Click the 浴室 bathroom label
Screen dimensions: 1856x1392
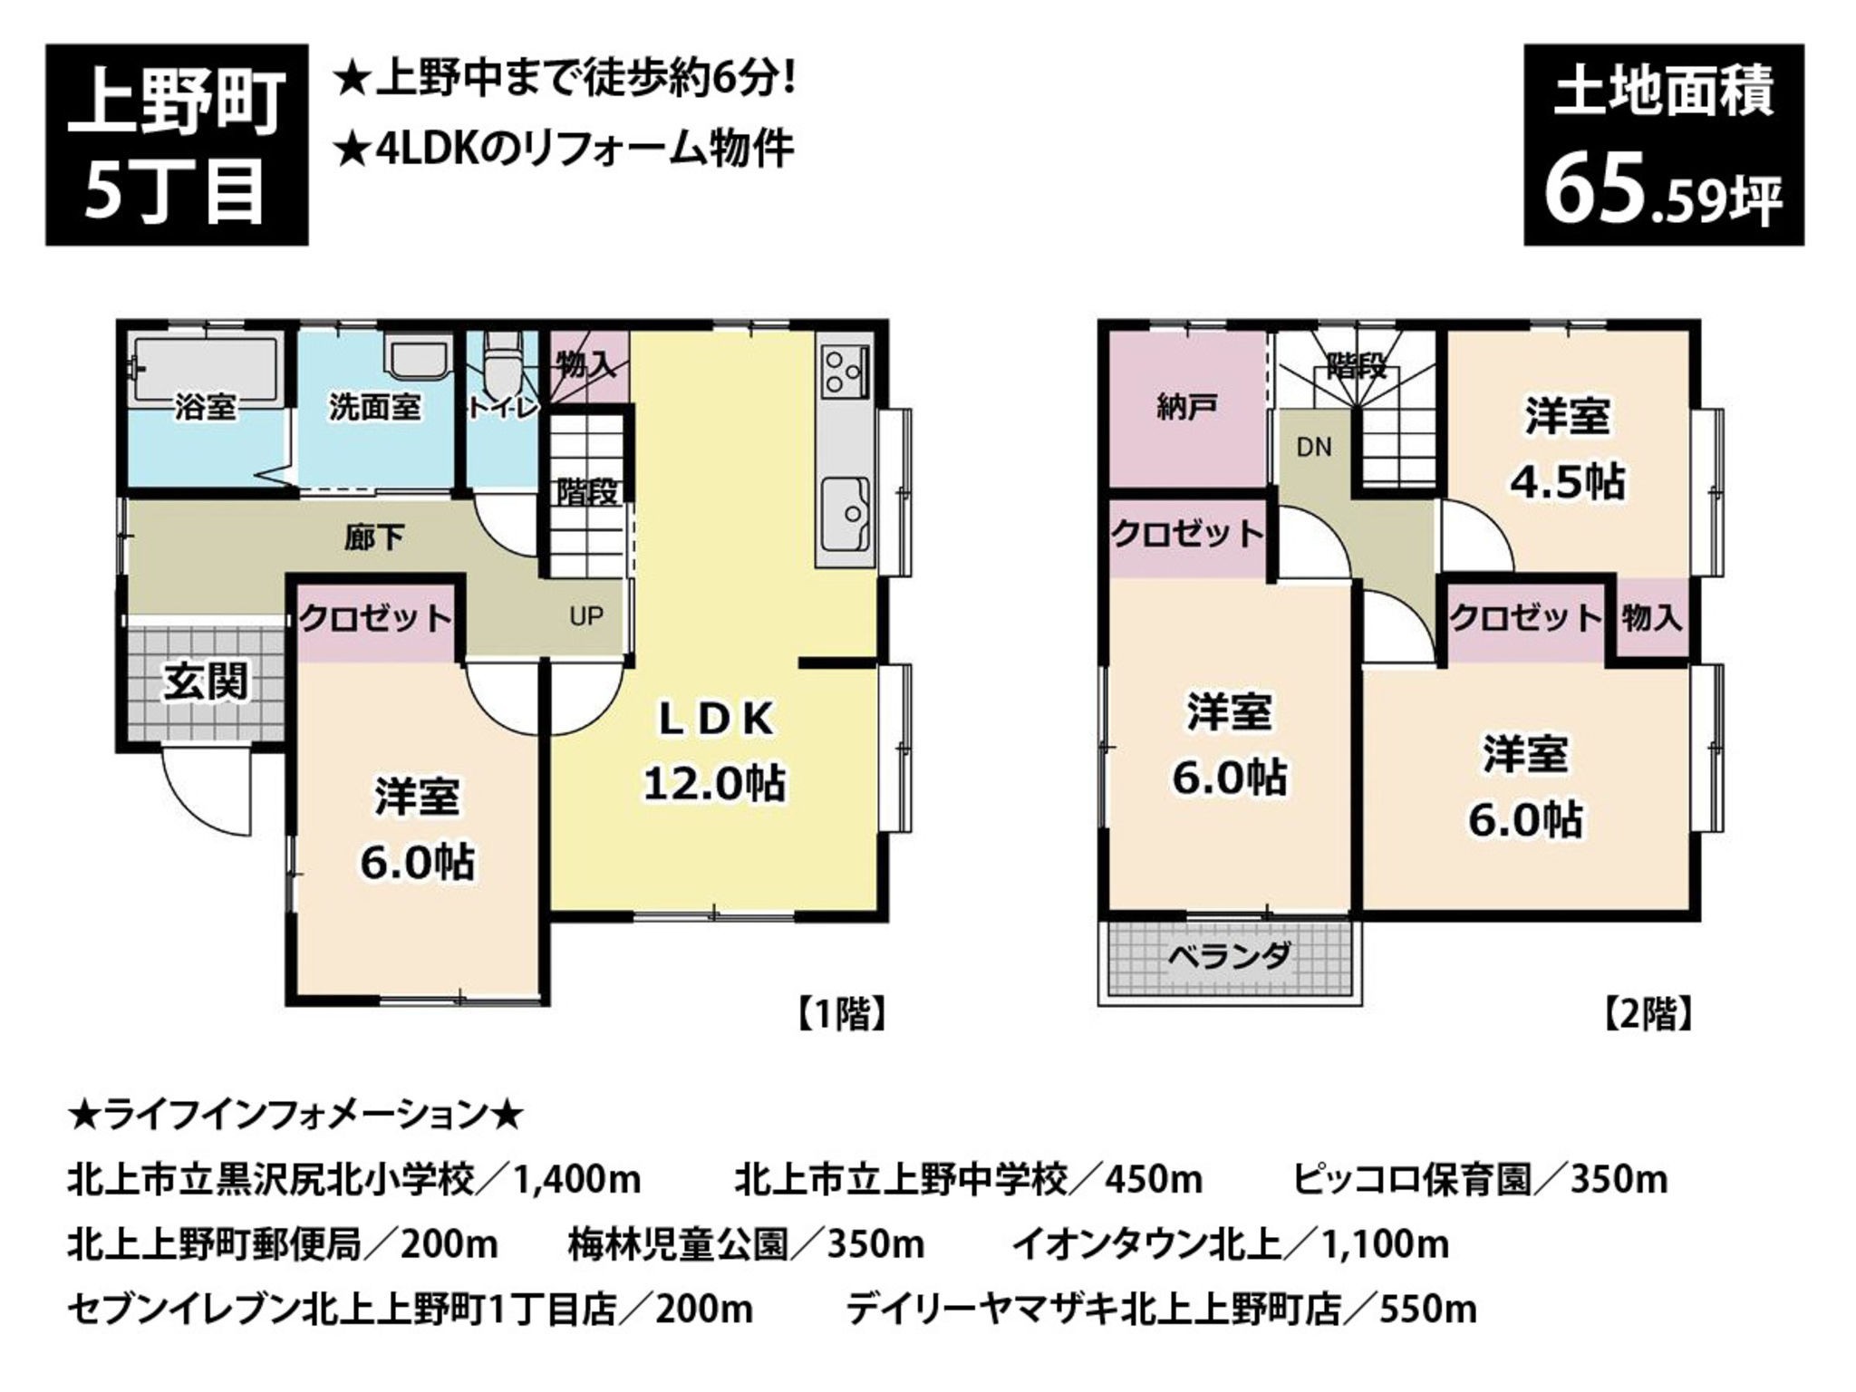pos(206,407)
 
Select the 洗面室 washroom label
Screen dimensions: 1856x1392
pos(375,407)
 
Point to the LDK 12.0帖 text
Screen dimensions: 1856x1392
pos(715,751)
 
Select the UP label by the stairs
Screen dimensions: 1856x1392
pos(586,616)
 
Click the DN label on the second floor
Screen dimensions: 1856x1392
pos(1314,447)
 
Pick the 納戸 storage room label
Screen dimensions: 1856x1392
pos(1186,407)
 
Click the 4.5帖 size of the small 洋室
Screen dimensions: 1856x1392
pos(1567,481)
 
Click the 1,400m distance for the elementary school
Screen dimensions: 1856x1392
pos(577,1179)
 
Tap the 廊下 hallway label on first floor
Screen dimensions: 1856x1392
pos(374,538)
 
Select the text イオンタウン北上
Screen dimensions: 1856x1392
pos(1146,1243)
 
